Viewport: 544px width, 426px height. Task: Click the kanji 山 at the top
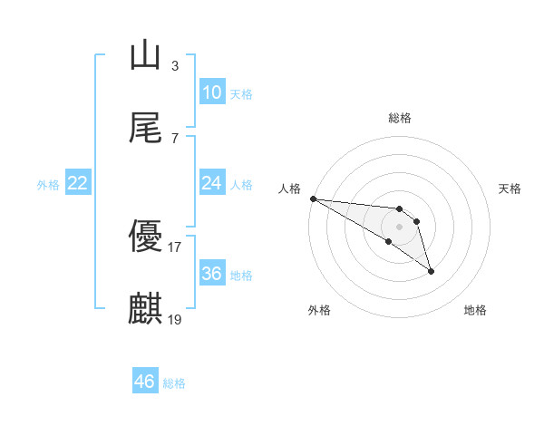[x=145, y=55]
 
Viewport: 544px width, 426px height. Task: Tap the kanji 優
[x=145, y=237]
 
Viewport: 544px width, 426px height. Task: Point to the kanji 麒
[x=145, y=309]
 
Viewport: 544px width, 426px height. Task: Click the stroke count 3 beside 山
[x=175, y=65]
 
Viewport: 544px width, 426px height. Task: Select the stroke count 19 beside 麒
[x=175, y=319]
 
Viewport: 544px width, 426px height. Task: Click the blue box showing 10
[x=211, y=92]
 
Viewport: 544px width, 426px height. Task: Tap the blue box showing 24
[x=211, y=183]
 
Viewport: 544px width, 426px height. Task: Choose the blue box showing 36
[x=211, y=274]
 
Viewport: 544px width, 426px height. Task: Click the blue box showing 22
[x=78, y=183]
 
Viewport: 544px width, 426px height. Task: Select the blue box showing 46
[x=145, y=382]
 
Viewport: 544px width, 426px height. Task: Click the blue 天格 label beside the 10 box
[x=241, y=93]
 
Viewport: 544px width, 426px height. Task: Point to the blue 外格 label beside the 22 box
[x=48, y=184]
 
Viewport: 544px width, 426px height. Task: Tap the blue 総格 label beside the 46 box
[x=174, y=382]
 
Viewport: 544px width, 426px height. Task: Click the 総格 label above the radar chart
[x=400, y=118]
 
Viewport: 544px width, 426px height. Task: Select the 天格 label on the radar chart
[x=510, y=189]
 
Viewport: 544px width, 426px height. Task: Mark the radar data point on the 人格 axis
[x=313, y=198]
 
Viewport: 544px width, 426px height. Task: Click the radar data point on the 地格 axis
[x=431, y=271]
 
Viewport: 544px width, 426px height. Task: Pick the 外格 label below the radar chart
[x=319, y=310]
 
